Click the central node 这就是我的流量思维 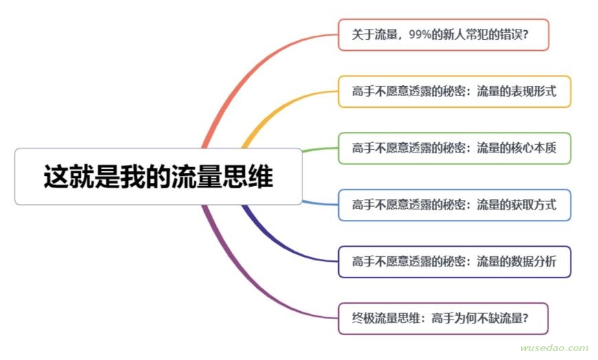tap(158, 177)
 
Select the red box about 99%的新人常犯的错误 tap(443, 35)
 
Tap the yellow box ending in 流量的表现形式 tap(454, 91)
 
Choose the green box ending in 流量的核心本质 tap(454, 148)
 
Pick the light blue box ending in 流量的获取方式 tap(454, 205)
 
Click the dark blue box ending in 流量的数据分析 tap(454, 262)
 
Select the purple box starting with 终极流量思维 tap(443, 319)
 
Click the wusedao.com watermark tap(554, 348)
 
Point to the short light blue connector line tap(320, 203)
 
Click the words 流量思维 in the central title tap(222, 177)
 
